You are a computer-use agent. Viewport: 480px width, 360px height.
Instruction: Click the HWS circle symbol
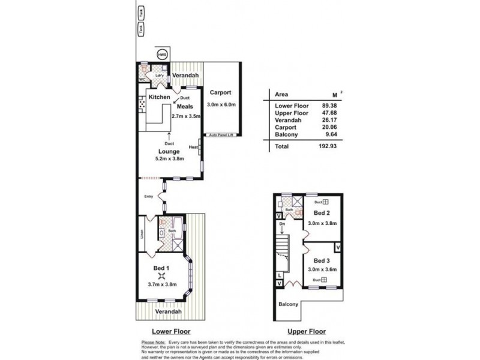pyautogui.click(x=161, y=55)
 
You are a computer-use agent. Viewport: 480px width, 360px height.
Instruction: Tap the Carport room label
pyautogui.click(x=221, y=93)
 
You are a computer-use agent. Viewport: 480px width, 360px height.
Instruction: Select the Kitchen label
pyautogui.click(x=160, y=97)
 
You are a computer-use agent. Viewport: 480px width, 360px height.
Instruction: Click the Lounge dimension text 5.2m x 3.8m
pyautogui.click(x=170, y=158)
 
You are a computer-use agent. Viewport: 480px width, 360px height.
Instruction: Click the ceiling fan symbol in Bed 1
pyautogui.click(x=161, y=276)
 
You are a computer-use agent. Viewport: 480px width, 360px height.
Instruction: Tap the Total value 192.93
pyautogui.click(x=326, y=146)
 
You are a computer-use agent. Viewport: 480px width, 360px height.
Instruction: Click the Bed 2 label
pyautogui.click(x=322, y=214)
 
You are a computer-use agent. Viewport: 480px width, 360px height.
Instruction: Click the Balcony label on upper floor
pyautogui.click(x=288, y=304)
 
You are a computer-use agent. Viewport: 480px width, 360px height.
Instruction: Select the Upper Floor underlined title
pyautogui.click(x=307, y=331)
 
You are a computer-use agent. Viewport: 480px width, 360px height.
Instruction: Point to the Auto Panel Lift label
pyautogui.click(x=221, y=136)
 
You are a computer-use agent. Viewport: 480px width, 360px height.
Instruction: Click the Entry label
pyautogui.click(x=149, y=196)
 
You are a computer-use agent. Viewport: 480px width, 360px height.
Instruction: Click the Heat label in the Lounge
pyautogui.click(x=193, y=147)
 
